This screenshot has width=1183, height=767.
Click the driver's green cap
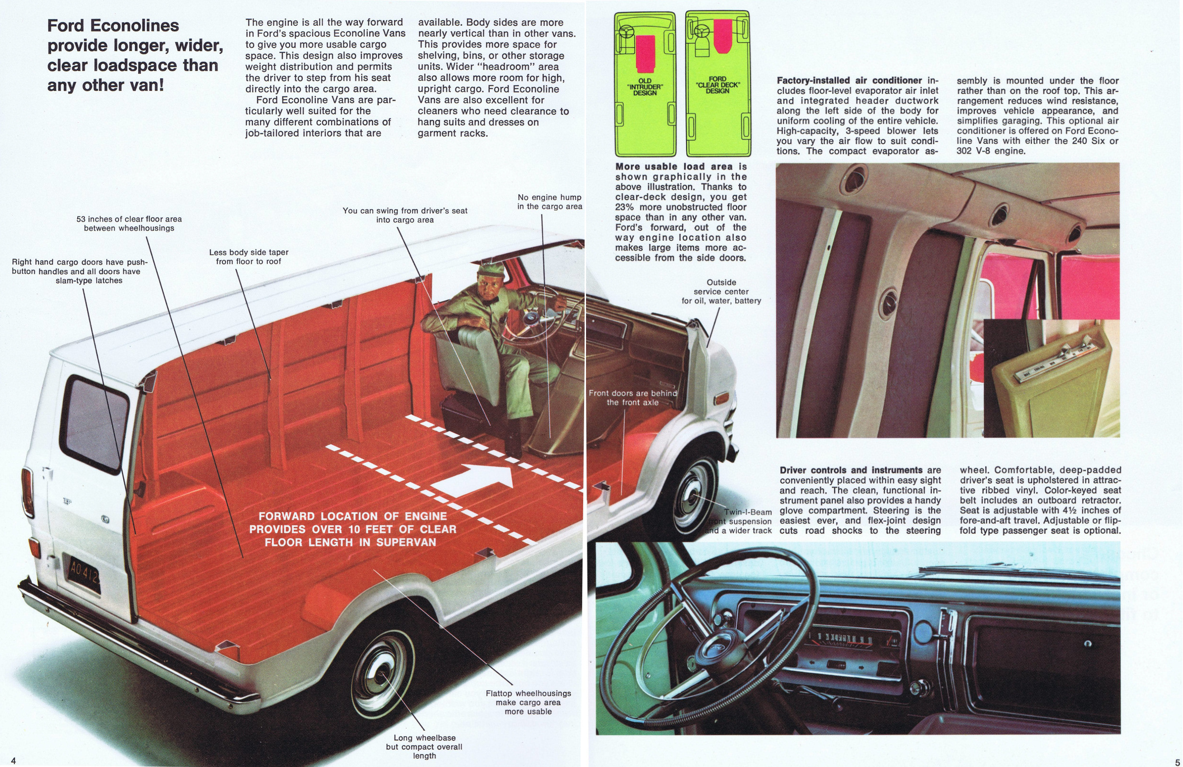click(x=491, y=270)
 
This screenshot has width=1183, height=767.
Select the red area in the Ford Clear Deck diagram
click(x=722, y=36)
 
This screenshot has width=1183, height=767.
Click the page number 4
click(x=13, y=760)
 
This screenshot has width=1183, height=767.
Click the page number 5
click(x=1177, y=762)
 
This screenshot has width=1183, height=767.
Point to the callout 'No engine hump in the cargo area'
click(x=549, y=202)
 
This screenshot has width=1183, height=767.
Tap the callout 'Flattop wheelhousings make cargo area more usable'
click(x=528, y=702)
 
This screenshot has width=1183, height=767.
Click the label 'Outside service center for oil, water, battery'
click(x=721, y=291)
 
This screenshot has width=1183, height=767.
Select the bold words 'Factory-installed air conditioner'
click(x=849, y=80)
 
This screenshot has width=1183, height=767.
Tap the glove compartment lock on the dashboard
click(x=1088, y=644)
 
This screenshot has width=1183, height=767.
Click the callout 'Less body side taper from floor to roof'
click(x=249, y=257)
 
